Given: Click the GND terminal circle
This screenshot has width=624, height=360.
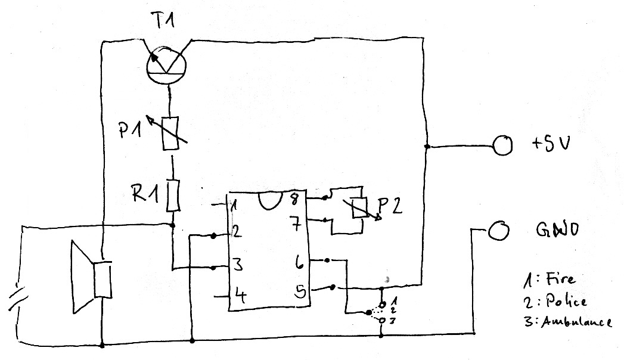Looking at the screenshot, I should tap(498, 231).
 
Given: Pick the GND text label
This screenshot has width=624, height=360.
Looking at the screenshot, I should tap(555, 230).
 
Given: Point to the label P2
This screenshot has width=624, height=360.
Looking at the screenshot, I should tap(392, 206).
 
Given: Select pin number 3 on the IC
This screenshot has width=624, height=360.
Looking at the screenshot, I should tap(237, 264).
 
